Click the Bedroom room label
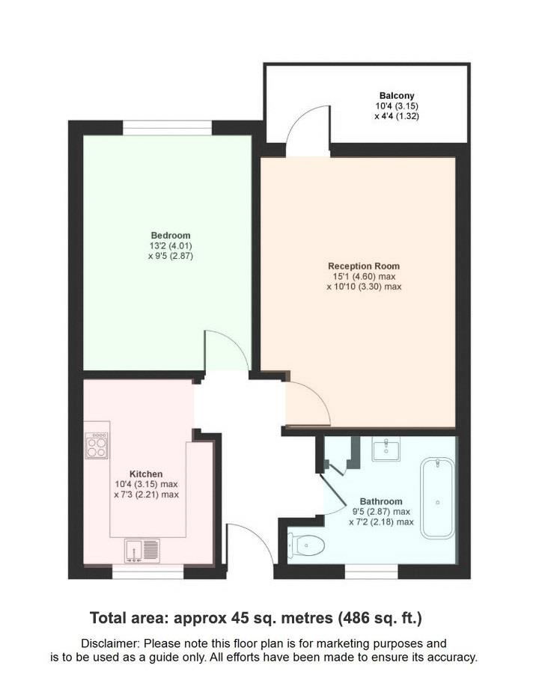(x=170, y=235)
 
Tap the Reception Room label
(x=364, y=266)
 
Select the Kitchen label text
(x=146, y=474)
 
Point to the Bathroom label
(x=381, y=501)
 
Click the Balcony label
(x=397, y=95)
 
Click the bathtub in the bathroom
(x=437, y=498)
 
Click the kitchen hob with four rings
(x=97, y=446)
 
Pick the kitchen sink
(x=142, y=551)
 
